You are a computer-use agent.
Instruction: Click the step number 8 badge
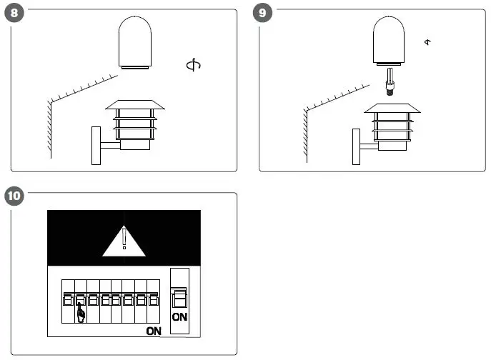pos(12,14)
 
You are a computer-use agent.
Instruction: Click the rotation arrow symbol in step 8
pos(192,66)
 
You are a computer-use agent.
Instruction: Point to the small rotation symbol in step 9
pos(428,42)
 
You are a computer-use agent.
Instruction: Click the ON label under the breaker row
pos(154,331)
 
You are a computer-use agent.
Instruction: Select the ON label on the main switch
pos(179,316)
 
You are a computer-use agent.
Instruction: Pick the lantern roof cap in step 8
pos(135,104)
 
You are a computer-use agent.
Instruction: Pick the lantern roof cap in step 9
pos(391,108)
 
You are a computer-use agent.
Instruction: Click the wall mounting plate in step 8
pos(96,146)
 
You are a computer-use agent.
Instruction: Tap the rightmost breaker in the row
pos(152,300)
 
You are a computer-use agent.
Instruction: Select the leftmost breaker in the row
pos(68,300)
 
